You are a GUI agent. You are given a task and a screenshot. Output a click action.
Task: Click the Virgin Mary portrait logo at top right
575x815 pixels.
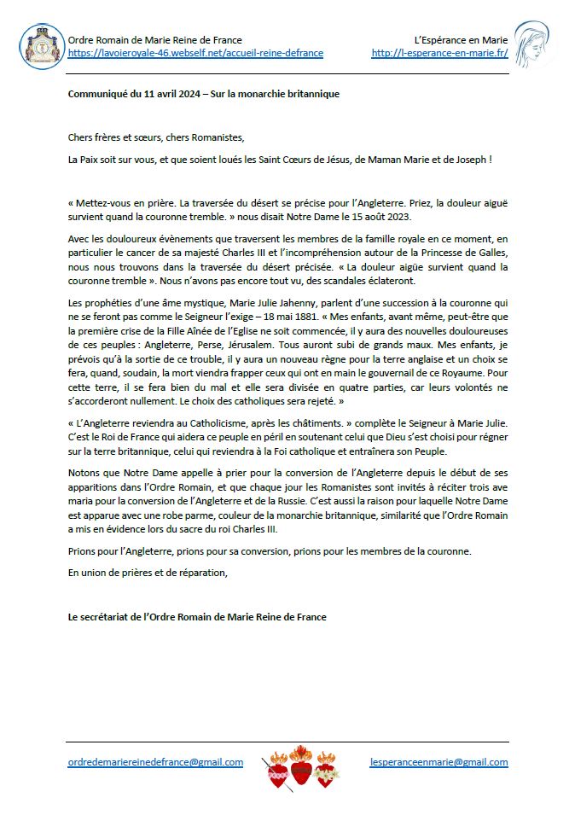pos(536,46)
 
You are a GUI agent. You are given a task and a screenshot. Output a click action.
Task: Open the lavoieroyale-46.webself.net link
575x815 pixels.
pos(195,53)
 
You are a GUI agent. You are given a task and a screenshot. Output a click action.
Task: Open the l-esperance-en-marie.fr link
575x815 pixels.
pos(439,53)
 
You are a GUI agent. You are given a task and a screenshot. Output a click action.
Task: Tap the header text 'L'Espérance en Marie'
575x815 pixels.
pos(461,40)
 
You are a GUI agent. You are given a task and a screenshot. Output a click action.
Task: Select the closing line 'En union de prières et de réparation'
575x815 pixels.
pos(148,572)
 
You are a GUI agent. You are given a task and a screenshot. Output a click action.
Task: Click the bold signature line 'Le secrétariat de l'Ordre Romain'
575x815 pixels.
pos(197,616)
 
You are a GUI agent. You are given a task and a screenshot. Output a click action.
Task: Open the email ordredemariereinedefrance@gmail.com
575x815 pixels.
pos(155,762)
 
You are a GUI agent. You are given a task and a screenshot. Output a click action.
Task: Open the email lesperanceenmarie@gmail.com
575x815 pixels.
pos(439,762)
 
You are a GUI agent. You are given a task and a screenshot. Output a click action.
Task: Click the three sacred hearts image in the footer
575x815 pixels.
pos(299,766)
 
